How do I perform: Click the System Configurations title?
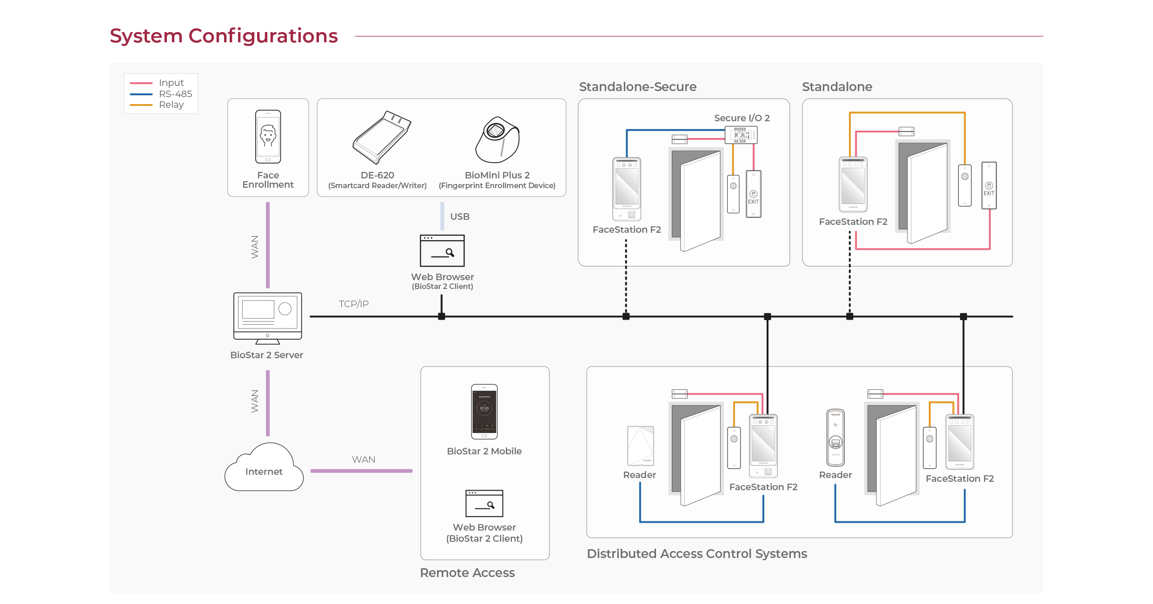(224, 36)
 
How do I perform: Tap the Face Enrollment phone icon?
(268, 137)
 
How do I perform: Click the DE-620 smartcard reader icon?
(382, 138)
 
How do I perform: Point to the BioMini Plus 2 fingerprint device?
(497, 140)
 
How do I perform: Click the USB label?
(460, 217)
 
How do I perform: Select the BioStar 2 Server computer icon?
(268, 318)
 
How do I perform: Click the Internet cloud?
(264, 467)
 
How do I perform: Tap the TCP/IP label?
(354, 304)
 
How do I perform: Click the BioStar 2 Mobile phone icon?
(484, 412)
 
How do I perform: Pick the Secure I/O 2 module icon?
(741, 135)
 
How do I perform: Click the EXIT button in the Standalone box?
(989, 185)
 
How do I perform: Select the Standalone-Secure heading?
(638, 87)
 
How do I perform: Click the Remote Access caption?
(467, 573)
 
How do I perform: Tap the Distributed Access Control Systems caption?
(697, 554)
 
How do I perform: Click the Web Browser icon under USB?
(442, 250)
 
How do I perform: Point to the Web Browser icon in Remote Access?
(484, 503)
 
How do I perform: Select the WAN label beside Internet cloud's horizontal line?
(364, 460)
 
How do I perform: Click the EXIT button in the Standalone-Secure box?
(754, 194)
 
